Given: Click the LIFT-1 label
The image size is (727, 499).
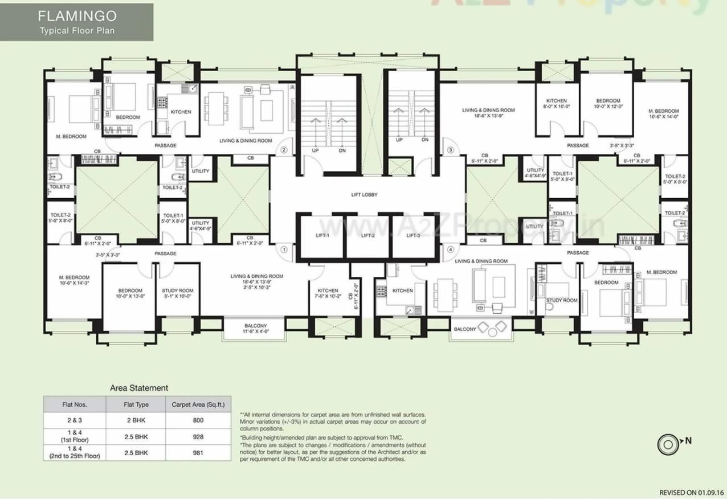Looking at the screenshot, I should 322,235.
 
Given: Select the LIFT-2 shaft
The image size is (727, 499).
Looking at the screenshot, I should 367,236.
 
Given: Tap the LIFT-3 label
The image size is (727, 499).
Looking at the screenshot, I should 413,235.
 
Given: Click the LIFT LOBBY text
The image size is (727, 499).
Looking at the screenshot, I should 365,195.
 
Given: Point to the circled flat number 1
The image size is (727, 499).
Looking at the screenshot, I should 284,249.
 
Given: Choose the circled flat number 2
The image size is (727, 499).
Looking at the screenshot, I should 284,150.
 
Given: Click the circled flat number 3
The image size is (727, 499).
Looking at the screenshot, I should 450,150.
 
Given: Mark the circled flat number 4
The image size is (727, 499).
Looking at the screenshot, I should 450,249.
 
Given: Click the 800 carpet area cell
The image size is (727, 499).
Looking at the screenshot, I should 198,420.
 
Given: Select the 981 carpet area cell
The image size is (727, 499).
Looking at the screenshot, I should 198,453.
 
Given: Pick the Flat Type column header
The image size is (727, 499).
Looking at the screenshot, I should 136,404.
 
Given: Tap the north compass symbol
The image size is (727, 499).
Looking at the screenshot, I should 667,443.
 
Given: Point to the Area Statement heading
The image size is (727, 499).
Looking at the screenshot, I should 139,388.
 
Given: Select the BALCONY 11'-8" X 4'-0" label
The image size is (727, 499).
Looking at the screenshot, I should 256,328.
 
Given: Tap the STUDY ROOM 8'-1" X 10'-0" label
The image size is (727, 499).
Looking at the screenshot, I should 177,293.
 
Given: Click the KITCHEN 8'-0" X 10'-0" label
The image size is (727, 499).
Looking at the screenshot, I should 556,104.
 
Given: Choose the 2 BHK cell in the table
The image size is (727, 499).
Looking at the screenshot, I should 136,420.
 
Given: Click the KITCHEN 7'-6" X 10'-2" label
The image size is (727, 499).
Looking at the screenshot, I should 328,293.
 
